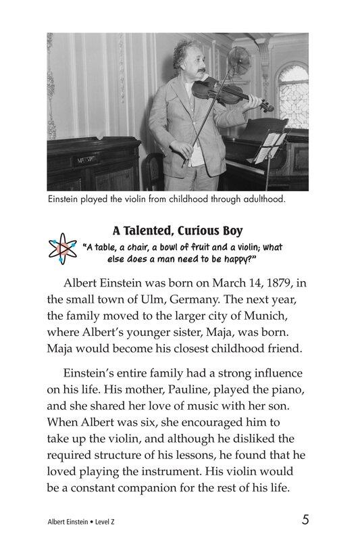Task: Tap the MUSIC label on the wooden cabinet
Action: pos(86,160)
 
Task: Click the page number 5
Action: pos(306,520)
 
